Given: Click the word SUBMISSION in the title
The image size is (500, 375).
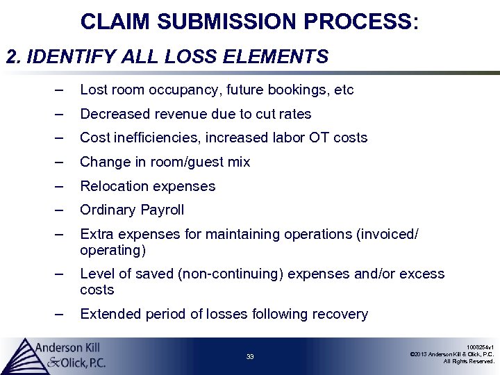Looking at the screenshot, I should pos(228,22).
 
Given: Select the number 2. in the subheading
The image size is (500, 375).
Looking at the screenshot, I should pos(14,56).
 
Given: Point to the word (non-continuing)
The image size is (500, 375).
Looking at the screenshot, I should pos(231,274).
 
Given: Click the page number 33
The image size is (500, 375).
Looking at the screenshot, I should pos(250,357).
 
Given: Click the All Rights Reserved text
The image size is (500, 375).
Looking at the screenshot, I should pos(469,361).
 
